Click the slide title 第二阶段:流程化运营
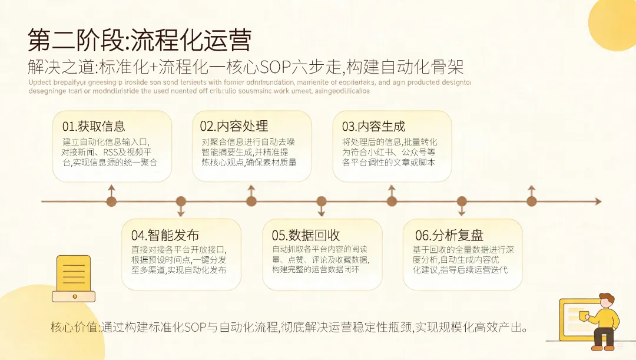[x=140, y=40]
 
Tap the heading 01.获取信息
[x=94, y=126]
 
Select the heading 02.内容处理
[x=234, y=126]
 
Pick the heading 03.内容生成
[x=373, y=126]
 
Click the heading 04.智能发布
[x=165, y=235]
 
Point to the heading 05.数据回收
[x=306, y=235]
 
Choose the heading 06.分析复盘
[x=449, y=235]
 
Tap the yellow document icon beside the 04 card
[x=74, y=278]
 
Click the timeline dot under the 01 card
[x=111, y=202]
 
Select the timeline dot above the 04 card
[x=181, y=202]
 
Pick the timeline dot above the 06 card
[x=462, y=202]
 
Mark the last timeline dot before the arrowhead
[x=532, y=202]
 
